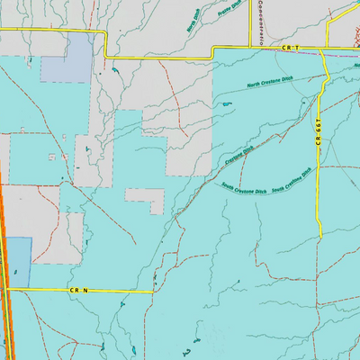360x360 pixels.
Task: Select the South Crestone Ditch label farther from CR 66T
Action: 244,190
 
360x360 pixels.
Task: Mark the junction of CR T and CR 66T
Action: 321,48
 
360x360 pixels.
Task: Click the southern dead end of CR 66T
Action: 320,237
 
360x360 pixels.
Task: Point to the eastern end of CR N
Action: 155,291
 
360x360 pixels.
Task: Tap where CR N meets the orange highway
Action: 6,290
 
